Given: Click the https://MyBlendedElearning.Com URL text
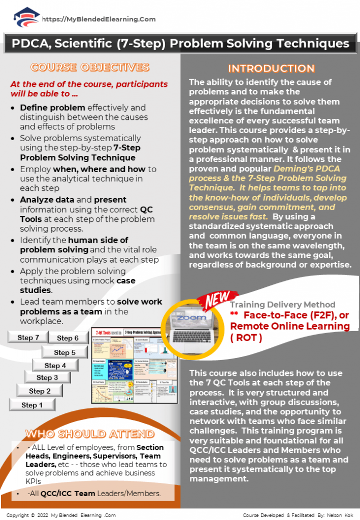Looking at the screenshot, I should (x=99, y=19).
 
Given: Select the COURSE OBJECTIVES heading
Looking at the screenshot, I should (x=90, y=68).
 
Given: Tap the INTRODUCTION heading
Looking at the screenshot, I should (x=271, y=69).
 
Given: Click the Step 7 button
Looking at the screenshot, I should (x=28, y=338).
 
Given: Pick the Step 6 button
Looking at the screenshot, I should (x=68, y=338).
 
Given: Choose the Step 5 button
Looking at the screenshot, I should (x=65, y=352).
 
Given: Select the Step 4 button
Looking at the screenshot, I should (x=55, y=366).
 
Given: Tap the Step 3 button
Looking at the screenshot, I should (x=47, y=378).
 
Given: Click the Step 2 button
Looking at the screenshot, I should (x=40, y=391).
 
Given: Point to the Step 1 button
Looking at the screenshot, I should (x=32, y=405).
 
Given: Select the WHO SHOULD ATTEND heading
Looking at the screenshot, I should (x=90, y=434).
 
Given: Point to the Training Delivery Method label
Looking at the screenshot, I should (x=282, y=305).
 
